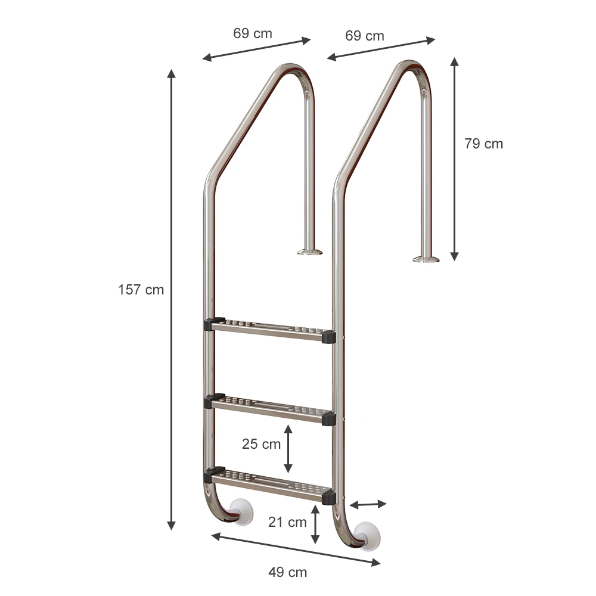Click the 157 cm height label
coord(141,290)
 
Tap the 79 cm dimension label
coord(483,144)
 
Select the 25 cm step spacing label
coord(261,443)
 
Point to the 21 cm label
coord(287,522)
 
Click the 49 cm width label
coord(288,572)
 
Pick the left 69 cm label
coord(253,33)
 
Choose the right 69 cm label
coord(365,36)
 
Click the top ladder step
coord(270,330)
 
